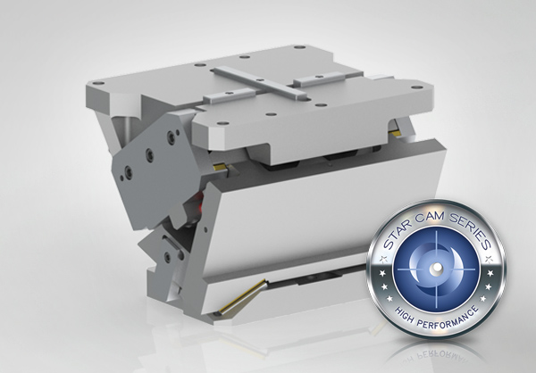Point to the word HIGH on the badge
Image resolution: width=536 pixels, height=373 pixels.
405,317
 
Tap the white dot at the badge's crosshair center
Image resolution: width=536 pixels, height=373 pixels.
436,269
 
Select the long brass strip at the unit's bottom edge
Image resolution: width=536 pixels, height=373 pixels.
242,296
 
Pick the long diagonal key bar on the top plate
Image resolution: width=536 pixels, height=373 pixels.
258,83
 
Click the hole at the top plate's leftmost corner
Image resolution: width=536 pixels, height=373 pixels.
98,83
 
